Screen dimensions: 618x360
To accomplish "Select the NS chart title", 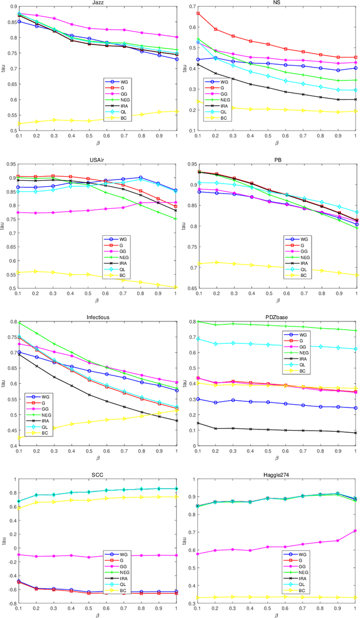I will [x=276, y=3].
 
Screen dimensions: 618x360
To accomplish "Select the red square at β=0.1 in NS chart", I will [x=198, y=13].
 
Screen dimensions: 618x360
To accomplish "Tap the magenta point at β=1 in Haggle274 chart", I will [x=355, y=530].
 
